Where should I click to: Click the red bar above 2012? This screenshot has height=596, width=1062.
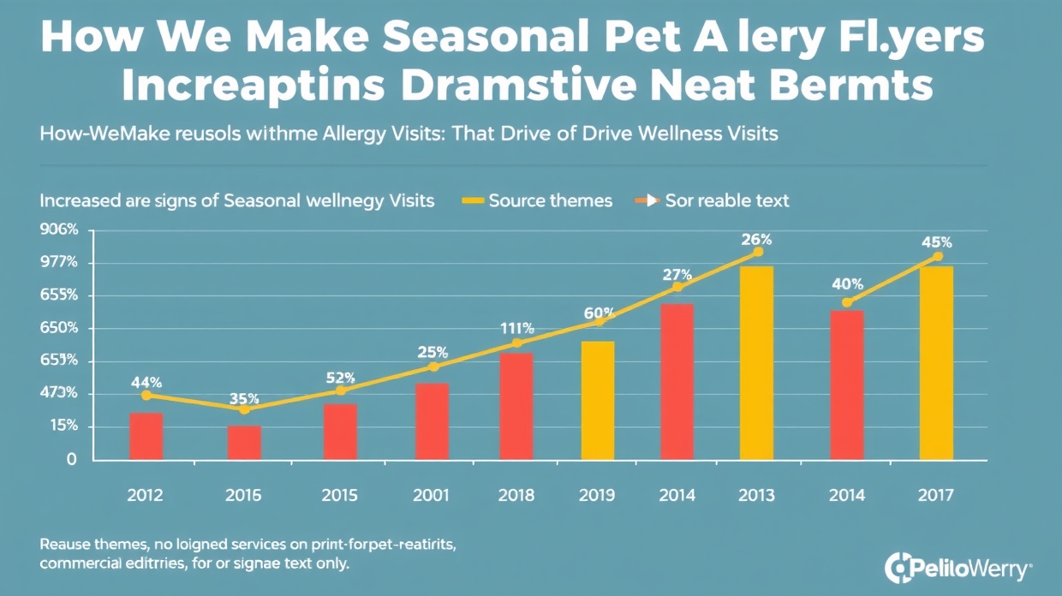pyautogui.click(x=146, y=437)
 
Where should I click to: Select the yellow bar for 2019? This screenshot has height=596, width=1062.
pyautogui.click(x=598, y=401)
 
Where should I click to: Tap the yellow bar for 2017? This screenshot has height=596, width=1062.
pyautogui.click(x=936, y=363)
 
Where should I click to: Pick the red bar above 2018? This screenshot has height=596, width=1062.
pyautogui.click(x=516, y=407)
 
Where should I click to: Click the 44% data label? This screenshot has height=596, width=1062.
pyautogui.click(x=146, y=382)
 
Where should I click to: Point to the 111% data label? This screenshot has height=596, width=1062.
pyautogui.click(x=516, y=329)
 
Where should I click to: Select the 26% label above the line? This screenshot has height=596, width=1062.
pyautogui.click(x=757, y=238)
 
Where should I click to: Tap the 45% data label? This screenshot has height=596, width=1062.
pyautogui.click(x=936, y=242)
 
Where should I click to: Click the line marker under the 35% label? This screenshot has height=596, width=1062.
pyautogui.click(x=244, y=409)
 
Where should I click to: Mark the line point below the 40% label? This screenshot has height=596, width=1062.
pyautogui.click(x=847, y=302)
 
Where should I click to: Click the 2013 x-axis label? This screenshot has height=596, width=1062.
pyautogui.click(x=757, y=496)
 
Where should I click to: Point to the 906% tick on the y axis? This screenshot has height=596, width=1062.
pyautogui.click(x=60, y=229)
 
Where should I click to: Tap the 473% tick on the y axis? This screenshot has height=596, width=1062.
pyautogui.click(x=60, y=394)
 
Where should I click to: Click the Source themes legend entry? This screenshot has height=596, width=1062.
pyautogui.click(x=538, y=201)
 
